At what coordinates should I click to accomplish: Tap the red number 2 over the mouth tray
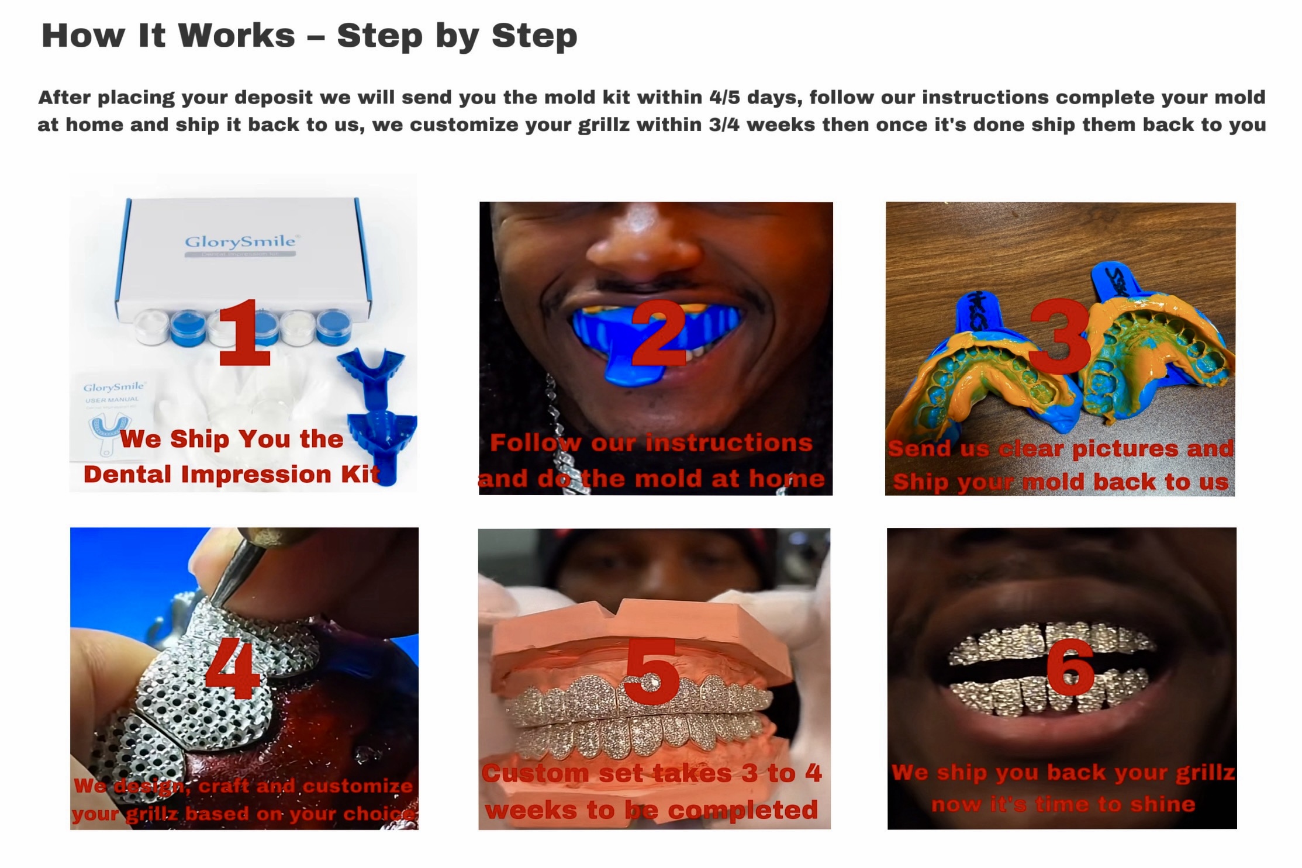click(x=658, y=332)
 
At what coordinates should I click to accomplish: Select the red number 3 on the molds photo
click(x=1061, y=336)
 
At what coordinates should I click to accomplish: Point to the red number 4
click(x=233, y=668)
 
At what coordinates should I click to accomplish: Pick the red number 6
click(x=1070, y=666)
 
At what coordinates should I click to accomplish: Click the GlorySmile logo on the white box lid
click(x=240, y=241)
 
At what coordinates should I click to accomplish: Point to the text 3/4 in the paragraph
click(x=724, y=125)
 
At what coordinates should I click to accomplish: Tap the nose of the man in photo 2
click(x=643, y=240)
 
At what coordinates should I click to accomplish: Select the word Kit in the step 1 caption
click(x=360, y=474)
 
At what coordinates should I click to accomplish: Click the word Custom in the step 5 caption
click(x=536, y=773)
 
